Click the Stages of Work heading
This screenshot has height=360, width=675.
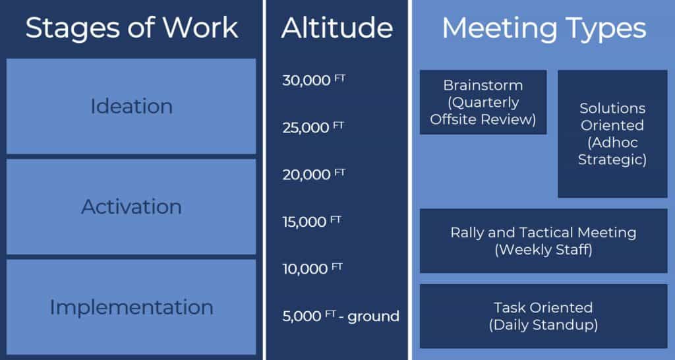point(131,28)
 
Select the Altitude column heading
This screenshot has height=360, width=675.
point(337,28)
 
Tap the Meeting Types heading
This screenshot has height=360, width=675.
point(543,28)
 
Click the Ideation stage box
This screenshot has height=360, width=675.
point(131,106)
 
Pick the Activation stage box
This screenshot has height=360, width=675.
point(131,206)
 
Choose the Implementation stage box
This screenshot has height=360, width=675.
point(131,307)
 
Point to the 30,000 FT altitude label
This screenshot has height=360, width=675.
point(313,80)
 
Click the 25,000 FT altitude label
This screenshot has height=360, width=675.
point(313,127)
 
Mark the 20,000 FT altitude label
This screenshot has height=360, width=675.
point(313,174)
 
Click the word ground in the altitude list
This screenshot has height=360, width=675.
point(373,316)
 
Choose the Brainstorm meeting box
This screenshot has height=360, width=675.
point(483,102)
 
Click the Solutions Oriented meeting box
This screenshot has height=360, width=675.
point(612,134)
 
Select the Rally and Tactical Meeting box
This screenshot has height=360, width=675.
point(543,241)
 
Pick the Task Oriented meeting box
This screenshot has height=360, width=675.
point(543,316)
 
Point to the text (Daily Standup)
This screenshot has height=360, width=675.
point(543,324)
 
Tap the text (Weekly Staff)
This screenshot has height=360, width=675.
point(543,250)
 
